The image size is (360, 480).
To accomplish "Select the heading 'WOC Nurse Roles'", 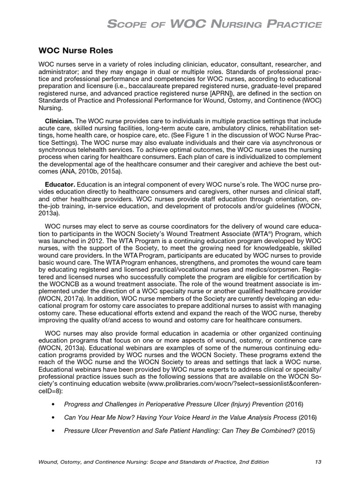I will (x=75, y=50).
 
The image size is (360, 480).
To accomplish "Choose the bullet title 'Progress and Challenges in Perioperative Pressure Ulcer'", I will (x=159, y=404).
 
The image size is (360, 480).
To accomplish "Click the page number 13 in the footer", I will (x=318, y=462).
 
